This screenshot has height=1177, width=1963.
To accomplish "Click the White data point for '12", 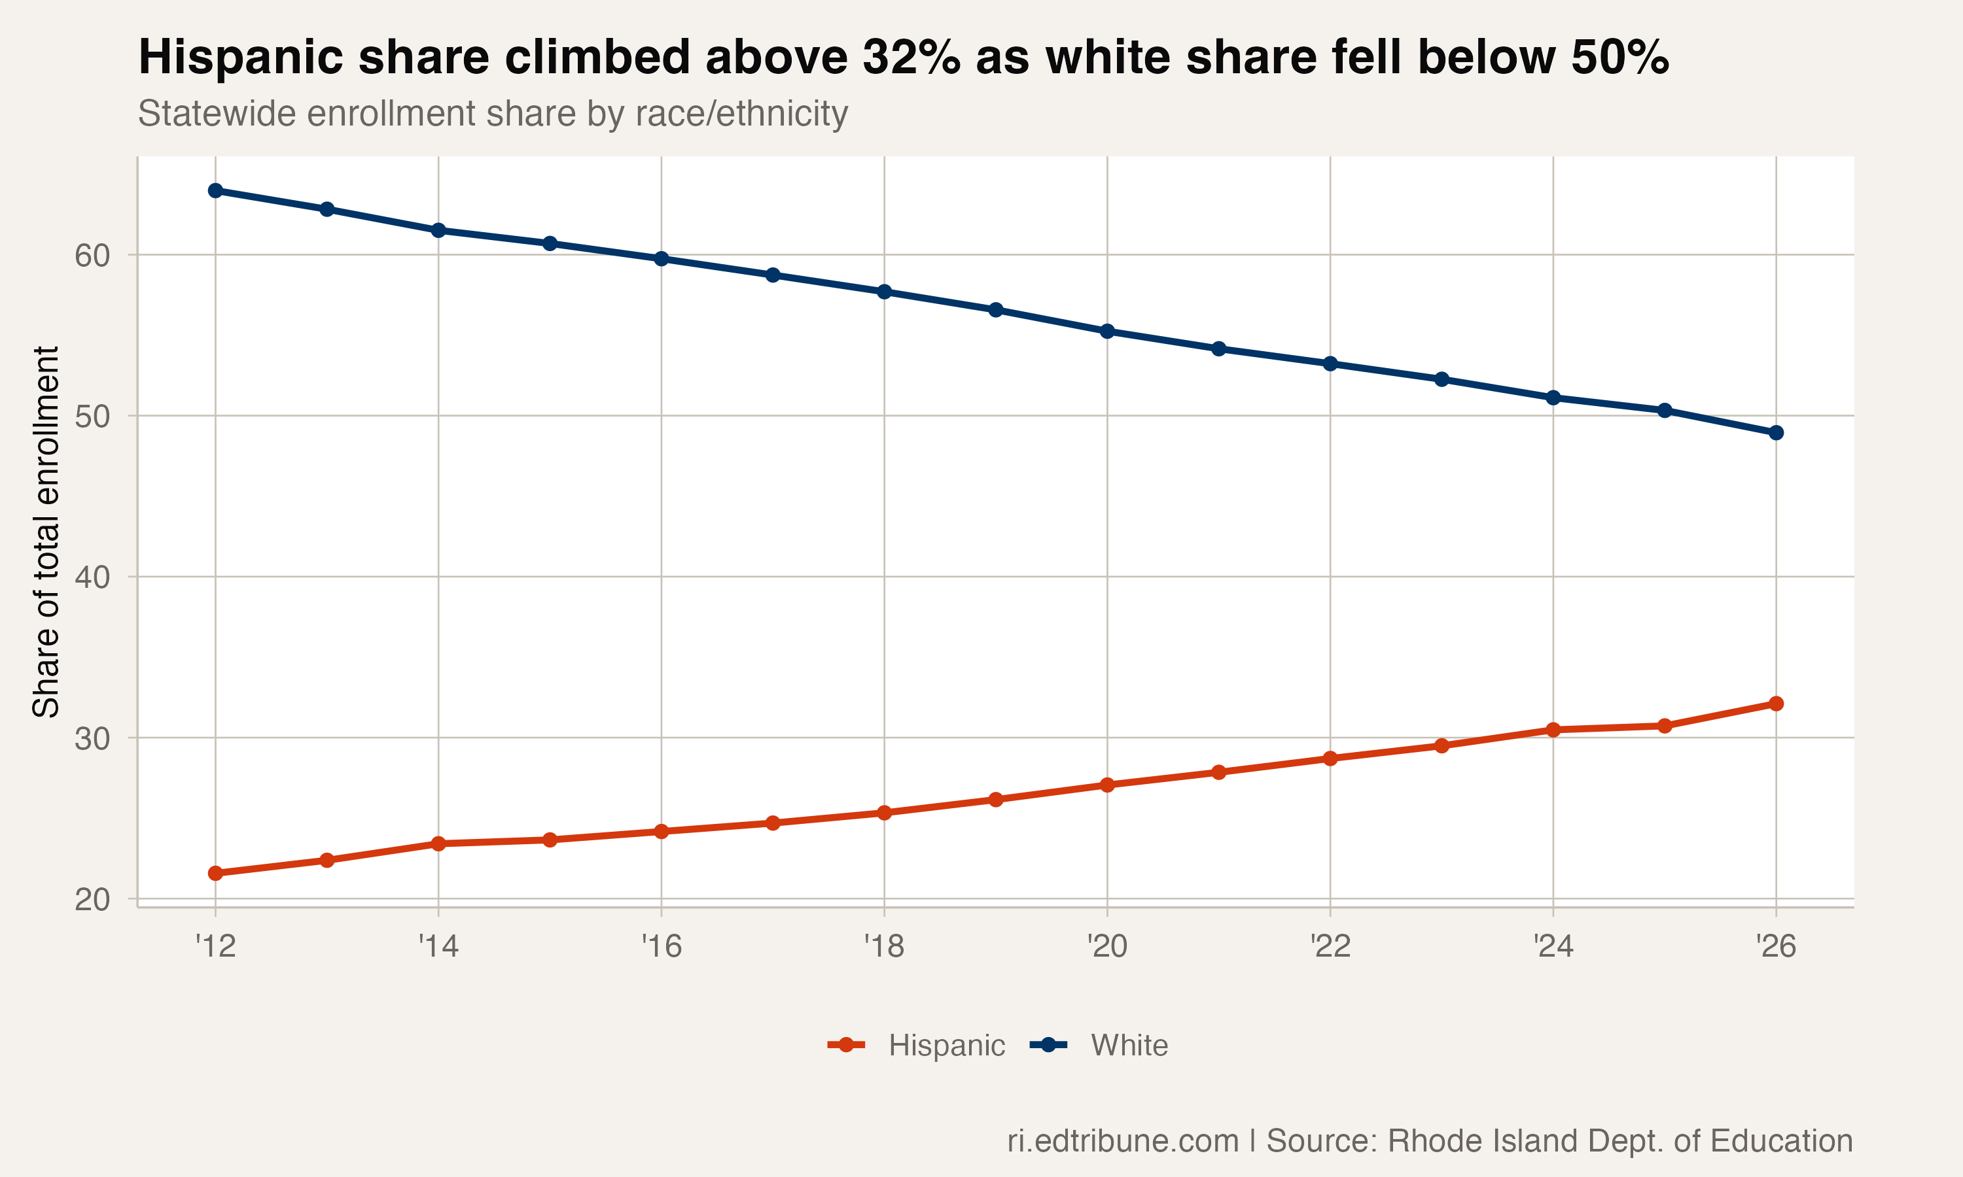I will click(215, 190).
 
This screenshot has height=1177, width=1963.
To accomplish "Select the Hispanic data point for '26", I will click(1776, 704).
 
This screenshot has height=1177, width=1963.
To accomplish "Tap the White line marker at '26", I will click(1776, 432).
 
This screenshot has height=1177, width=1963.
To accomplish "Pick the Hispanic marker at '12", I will click(215, 873).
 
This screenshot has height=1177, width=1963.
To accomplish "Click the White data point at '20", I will click(1107, 331).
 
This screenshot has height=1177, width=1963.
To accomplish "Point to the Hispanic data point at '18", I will click(884, 813).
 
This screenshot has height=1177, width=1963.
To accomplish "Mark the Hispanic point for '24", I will click(1553, 730).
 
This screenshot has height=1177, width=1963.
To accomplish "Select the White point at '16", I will click(661, 258).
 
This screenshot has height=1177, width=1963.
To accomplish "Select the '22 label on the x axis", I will click(1330, 946).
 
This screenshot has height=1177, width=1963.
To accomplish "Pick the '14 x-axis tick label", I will click(438, 946).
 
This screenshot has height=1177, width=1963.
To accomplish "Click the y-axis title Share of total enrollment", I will click(46, 532).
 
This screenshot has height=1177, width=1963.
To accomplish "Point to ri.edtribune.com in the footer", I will click(1123, 1140).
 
